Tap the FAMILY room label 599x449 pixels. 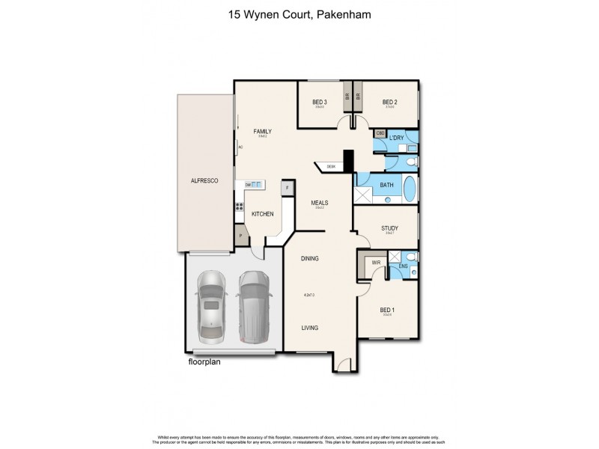pyautogui.click(x=261, y=130)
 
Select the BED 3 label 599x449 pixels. pyautogui.click(x=319, y=103)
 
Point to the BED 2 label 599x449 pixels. pyautogui.click(x=389, y=103)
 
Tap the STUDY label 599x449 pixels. pyautogui.click(x=389, y=229)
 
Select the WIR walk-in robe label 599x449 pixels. pyautogui.click(x=377, y=263)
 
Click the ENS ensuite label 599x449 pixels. pyautogui.click(x=403, y=266)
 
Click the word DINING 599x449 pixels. pyautogui.click(x=310, y=258)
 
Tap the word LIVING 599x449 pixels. pyautogui.click(x=310, y=328)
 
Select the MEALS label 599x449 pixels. pyautogui.click(x=320, y=203)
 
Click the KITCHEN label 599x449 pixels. pyautogui.click(x=262, y=214)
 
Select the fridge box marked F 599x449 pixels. pyautogui.click(x=285, y=188)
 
